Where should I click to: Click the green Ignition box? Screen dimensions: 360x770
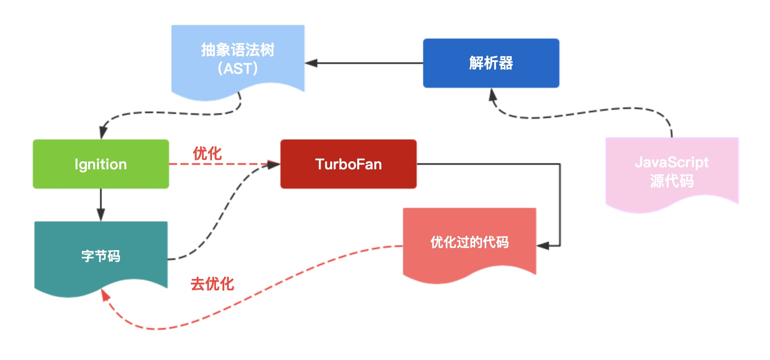pyautogui.click(x=100, y=164)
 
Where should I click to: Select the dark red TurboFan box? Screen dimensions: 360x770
pyautogui.click(x=348, y=164)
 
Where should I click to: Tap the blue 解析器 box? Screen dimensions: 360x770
pyautogui.click(x=491, y=63)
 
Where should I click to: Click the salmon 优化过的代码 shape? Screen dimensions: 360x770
pyautogui.click(x=469, y=242)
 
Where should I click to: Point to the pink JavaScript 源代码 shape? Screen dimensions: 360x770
pyautogui.click(x=672, y=172)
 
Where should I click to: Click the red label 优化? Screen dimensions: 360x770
pyautogui.click(x=207, y=154)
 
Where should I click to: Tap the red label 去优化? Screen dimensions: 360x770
pyautogui.click(x=212, y=284)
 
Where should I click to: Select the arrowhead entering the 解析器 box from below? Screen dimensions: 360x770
pyautogui.click(x=492, y=95)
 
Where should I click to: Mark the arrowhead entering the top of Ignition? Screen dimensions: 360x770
pyautogui.click(x=103, y=132)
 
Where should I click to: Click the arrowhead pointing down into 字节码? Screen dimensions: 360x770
pyautogui.click(x=101, y=214)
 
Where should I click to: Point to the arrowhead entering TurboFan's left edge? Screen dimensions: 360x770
pyautogui.click(x=273, y=164)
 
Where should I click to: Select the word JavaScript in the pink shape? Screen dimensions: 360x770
pyautogui.click(x=672, y=162)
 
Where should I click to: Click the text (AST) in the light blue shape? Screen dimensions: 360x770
pyautogui.click(x=237, y=68)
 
